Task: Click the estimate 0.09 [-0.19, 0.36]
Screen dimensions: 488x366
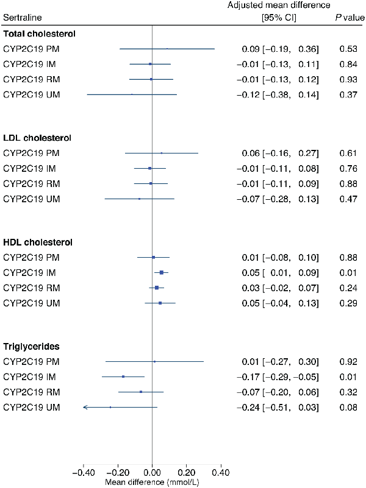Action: (278, 48)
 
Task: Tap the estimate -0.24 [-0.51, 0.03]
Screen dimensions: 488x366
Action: (278, 407)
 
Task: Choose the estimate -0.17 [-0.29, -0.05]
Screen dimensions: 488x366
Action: (278, 377)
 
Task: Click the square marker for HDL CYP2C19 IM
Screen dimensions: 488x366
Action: (162, 272)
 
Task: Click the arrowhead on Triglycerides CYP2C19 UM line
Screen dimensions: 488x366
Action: (85, 407)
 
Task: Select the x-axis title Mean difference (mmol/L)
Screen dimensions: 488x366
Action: (152, 481)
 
